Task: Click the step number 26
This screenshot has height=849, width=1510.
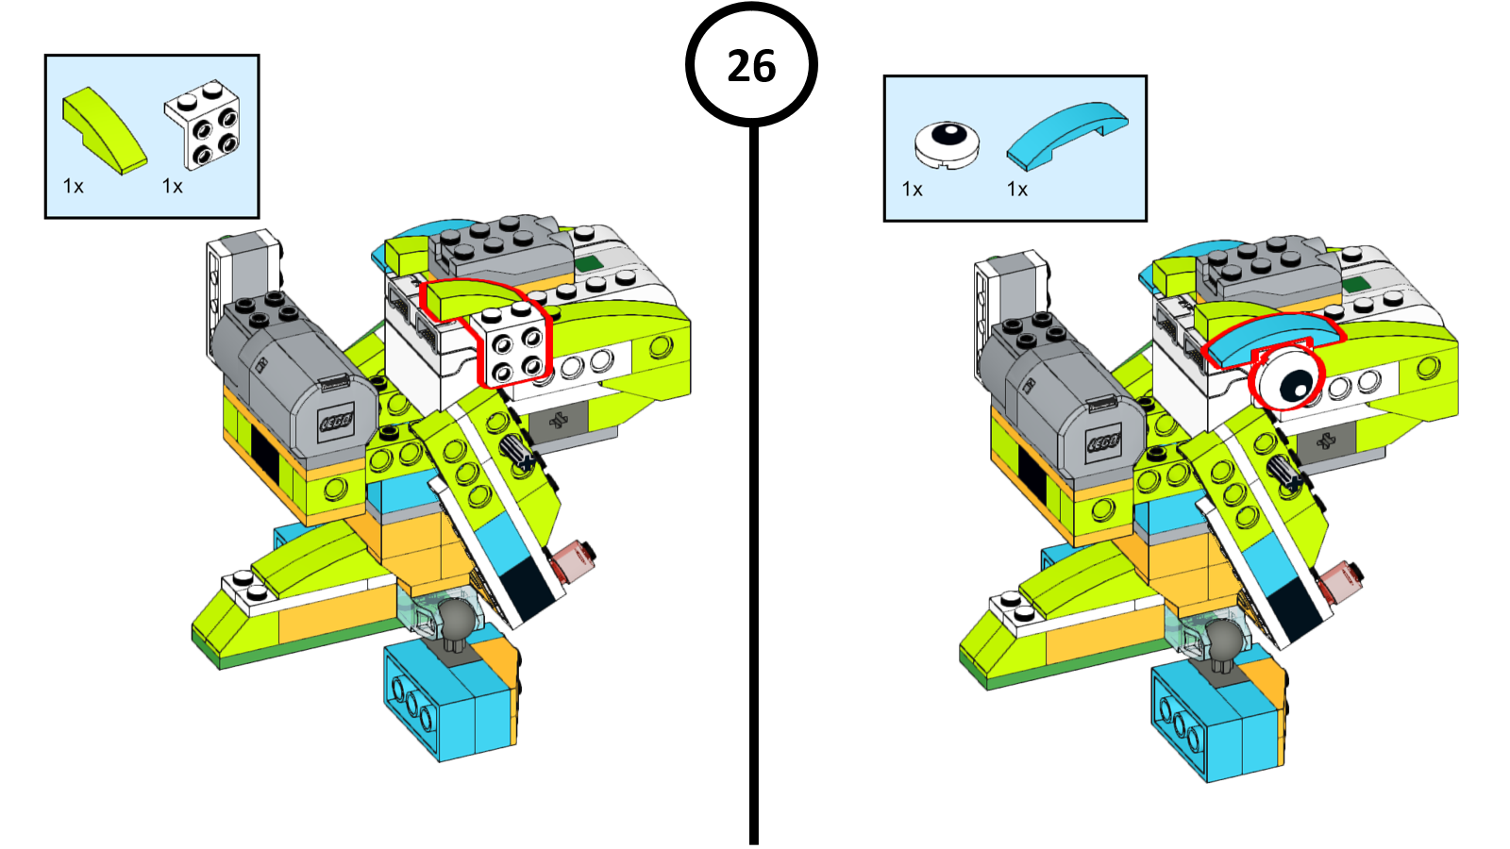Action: [751, 66]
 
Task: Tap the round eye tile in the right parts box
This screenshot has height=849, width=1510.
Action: [947, 144]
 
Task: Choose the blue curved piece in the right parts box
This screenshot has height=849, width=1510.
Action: [1066, 136]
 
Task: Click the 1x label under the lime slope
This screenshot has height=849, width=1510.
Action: [74, 187]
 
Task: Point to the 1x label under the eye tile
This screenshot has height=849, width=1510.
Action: [913, 190]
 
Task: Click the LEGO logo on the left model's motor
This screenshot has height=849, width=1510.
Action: [337, 421]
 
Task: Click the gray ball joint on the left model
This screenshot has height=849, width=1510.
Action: [457, 618]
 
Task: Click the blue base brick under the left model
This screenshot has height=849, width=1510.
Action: [449, 700]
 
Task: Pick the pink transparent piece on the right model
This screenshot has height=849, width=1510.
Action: [1340, 579]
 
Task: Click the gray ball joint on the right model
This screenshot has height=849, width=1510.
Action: [1224, 640]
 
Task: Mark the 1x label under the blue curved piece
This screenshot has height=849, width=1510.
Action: [1017, 190]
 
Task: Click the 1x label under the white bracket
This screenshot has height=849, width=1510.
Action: [173, 187]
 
